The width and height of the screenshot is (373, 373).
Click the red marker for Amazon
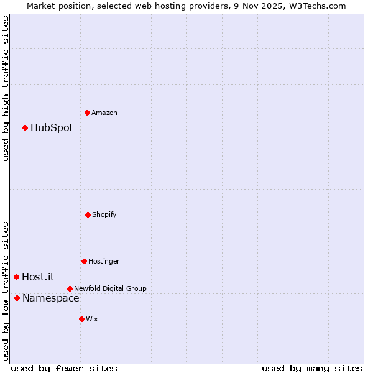[87, 113]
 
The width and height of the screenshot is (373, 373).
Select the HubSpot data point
[25, 127]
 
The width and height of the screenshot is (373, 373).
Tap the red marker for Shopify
[88, 214]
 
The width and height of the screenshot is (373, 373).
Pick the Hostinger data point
[84, 261]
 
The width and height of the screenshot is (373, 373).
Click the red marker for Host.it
[17, 277]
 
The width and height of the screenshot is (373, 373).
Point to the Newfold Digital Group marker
[70, 288]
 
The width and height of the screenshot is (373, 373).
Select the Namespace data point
[17, 298]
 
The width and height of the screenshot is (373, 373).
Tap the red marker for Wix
[81, 319]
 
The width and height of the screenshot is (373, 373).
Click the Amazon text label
[104, 113]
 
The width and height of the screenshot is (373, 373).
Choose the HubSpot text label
[52, 127]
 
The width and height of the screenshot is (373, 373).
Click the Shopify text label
[104, 214]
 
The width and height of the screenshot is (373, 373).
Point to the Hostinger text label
[104, 261]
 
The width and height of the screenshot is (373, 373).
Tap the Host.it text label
[38, 277]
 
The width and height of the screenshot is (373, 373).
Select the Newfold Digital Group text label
[110, 288]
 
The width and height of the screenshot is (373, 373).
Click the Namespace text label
[51, 298]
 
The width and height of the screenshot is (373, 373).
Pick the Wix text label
[92, 319]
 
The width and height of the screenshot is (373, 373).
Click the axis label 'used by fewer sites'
[64, 368]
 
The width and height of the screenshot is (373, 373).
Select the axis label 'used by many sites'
[312, 368]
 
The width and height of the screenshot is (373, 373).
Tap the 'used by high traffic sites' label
[6, 88]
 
